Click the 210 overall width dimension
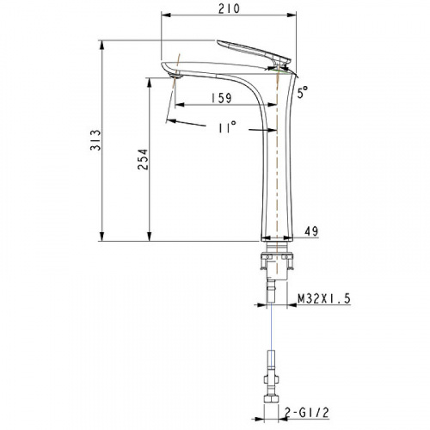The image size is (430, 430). click(x=229, y=9)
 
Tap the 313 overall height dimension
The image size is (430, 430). click(x=95, y=140)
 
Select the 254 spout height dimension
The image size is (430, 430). click(x=143, y=159)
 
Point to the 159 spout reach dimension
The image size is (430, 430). click(x=221, y=98)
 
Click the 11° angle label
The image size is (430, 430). click(x=227, y=126)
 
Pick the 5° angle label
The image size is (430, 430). click(x=302, y=92)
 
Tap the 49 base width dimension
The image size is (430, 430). click(x=311, y=231)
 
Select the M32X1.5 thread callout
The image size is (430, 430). click(x=324, y=299)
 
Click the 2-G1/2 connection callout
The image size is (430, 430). click(x=307, y=413)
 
